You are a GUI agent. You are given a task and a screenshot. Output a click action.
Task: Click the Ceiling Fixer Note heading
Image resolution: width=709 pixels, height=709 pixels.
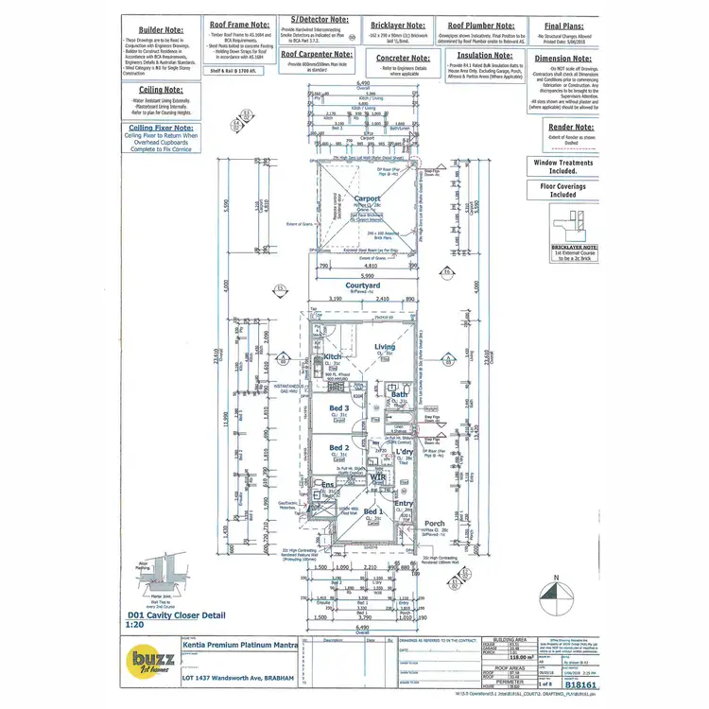(161, 127)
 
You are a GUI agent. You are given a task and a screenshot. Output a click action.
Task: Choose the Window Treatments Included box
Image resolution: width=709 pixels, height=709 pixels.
(562, 167)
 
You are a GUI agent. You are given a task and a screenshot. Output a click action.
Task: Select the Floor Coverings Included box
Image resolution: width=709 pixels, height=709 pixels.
(562, 190)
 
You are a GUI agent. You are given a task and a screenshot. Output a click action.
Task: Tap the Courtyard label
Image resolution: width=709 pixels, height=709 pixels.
(362, 285)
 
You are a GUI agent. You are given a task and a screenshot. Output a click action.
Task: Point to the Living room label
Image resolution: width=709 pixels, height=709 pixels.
(385, 347)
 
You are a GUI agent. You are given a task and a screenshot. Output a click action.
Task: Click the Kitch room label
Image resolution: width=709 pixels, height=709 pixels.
(332, 356)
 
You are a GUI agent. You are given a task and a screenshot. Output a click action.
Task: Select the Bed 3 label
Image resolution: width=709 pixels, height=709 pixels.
(338, 408)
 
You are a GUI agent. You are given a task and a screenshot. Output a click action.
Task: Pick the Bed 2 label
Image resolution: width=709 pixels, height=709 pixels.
(338, 447)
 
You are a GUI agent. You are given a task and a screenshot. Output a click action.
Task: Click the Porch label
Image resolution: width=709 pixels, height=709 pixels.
(434, 523)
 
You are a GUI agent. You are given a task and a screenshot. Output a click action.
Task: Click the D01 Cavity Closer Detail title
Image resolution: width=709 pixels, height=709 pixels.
(181, 614)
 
